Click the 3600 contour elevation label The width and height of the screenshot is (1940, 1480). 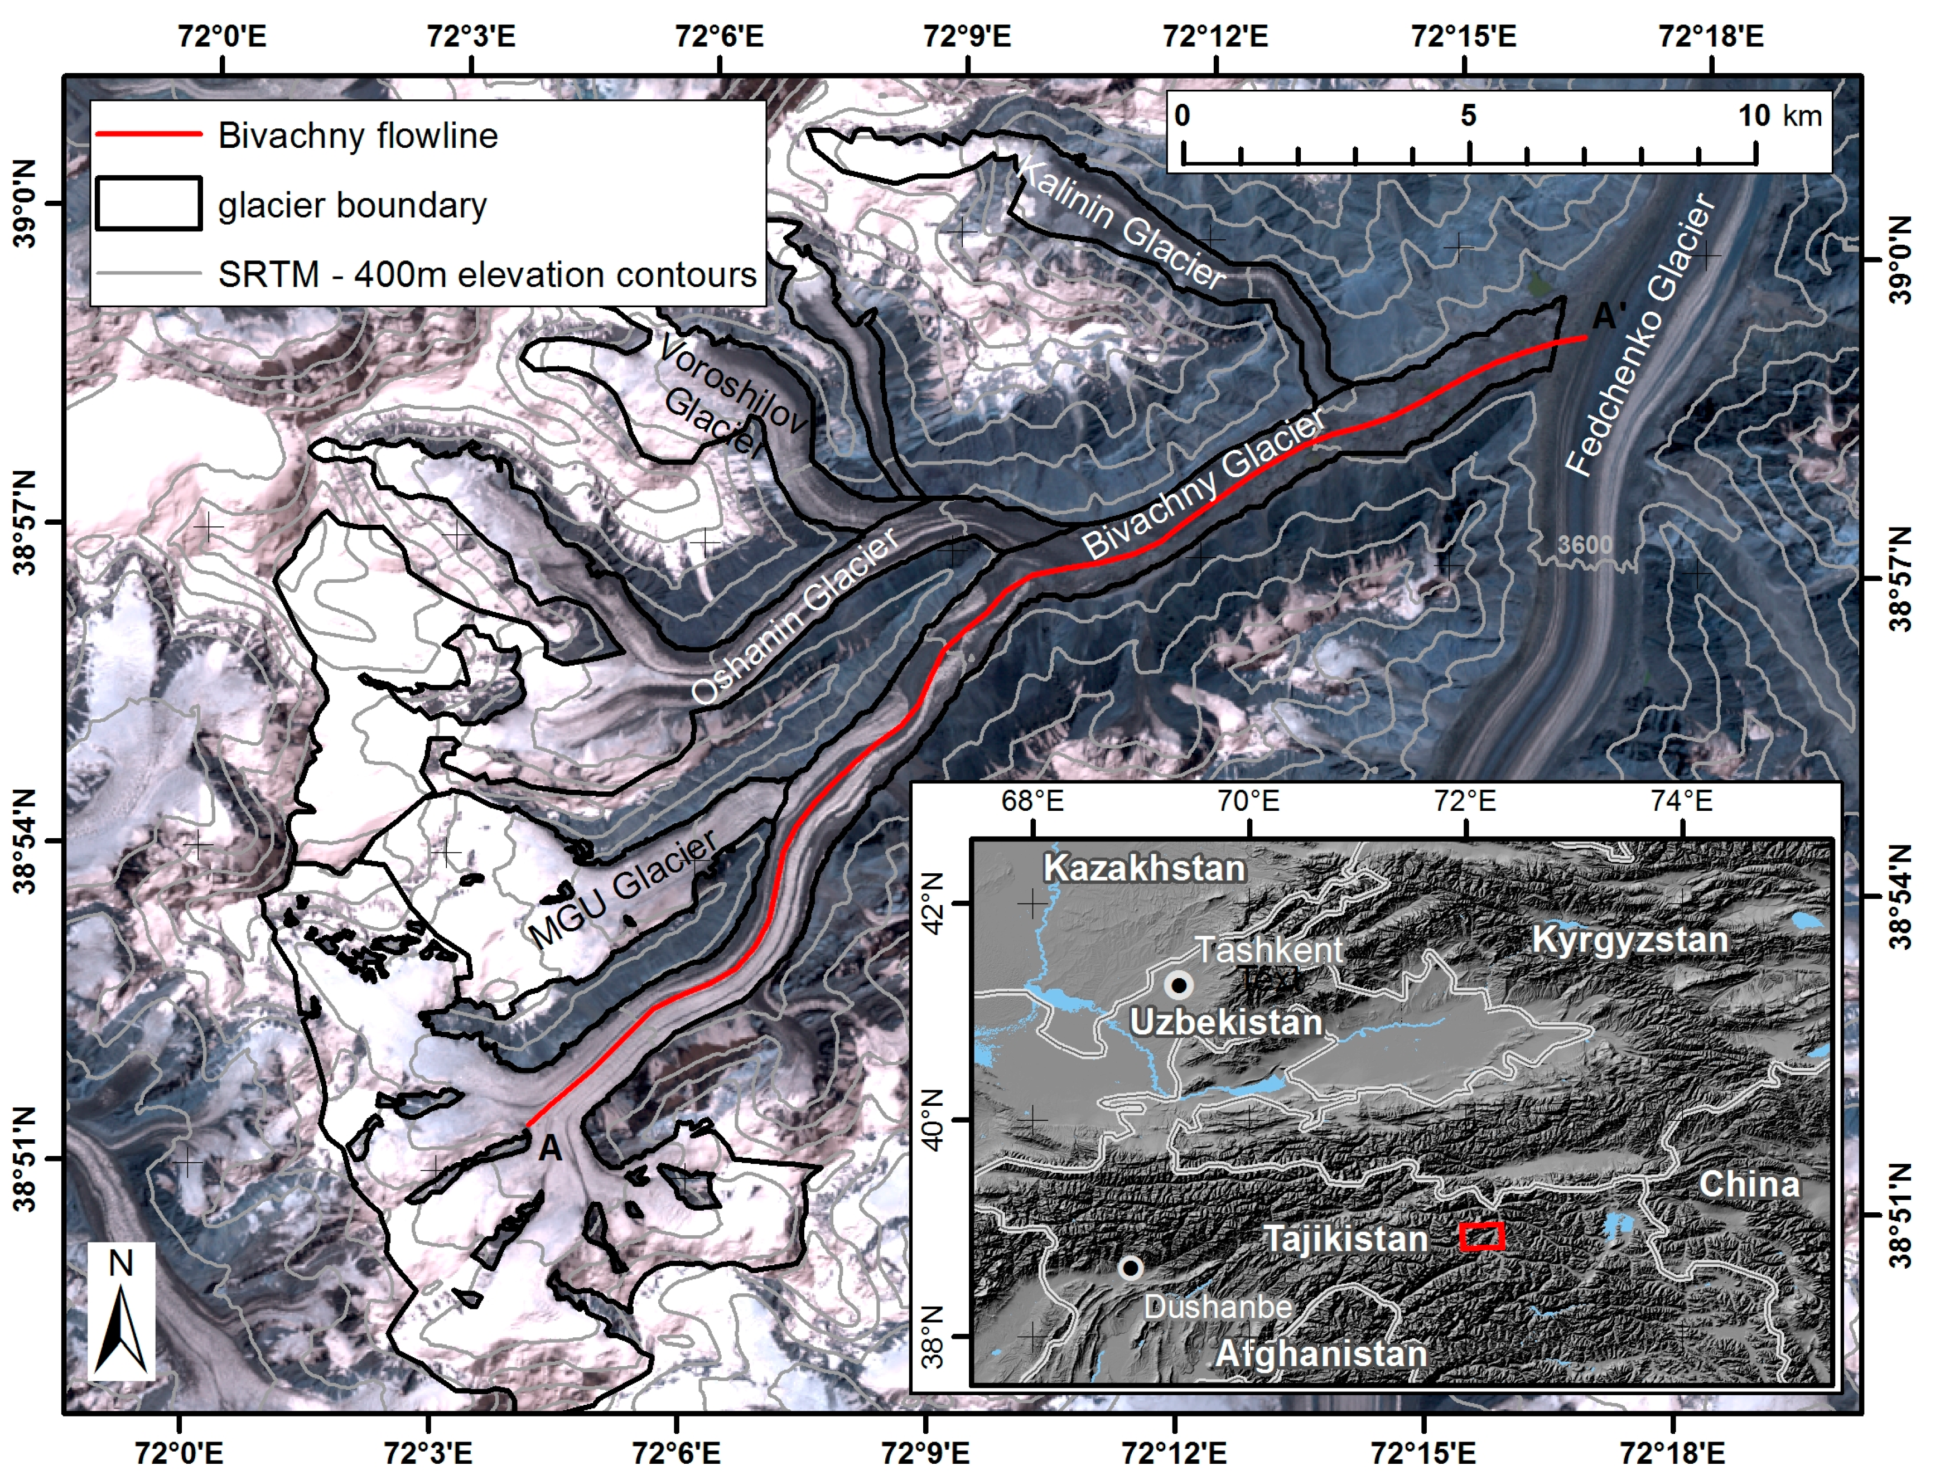[x=1584, y=545]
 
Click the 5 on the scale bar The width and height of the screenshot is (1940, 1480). [x=1468, y=115]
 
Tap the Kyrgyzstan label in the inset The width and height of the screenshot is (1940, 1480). [x=1630, y=939]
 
